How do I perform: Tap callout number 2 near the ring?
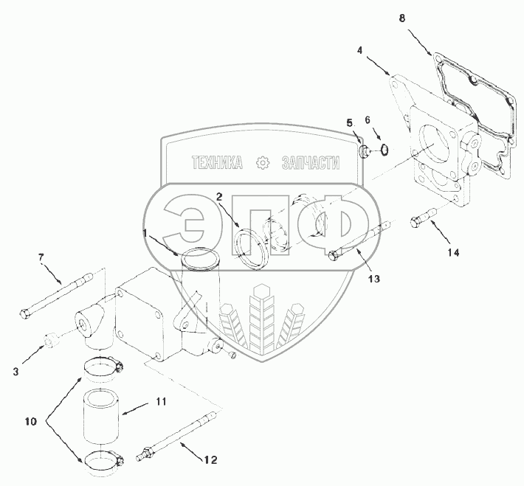[x=219, y=196]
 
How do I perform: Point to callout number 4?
[x=359, y=51]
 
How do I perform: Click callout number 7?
[x=42, y=257]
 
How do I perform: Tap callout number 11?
[x=160, y=402]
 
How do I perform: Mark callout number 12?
[x=210, y=459]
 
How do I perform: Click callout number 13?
[x=373, y=280]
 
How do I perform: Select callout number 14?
[x=452, y=251]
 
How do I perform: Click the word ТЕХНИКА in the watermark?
[x=216, y=164]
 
